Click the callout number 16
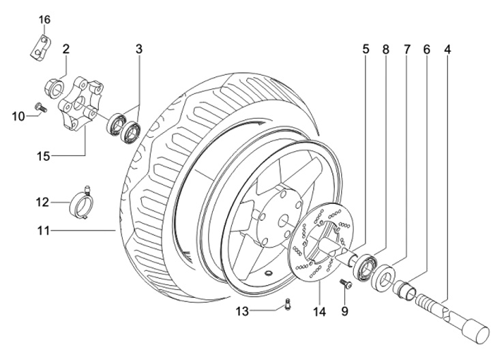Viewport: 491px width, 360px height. pyautogui.click(x=44, y=20)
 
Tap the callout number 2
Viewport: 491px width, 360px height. pyautogui.click(x=65, y=49)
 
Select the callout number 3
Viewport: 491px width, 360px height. pyautogui.click(x=139, y=49)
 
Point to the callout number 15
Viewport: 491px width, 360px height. pyautogui.click(x=44, y=156)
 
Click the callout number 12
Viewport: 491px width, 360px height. pyautogui.click(x=42, y=202)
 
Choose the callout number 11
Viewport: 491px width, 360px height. pyautogui.click(x=44, y=231)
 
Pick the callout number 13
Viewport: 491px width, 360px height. pyautogui.click(x=242, y=312)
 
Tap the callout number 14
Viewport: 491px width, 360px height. pyautogui.click(x=319, y=312)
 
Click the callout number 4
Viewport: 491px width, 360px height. pyautogui.click(x=448, y=50)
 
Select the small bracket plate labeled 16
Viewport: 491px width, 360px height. pyautogui.click(x=41, y=48)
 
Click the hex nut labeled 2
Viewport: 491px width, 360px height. pyautogui.click(x=55, y=89)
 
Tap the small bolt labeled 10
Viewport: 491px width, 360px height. pyautogui.click(x=41, y=107)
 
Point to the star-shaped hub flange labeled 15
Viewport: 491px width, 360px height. pyautogui.click(x=80, y=105)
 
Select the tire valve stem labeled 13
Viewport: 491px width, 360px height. pyautogui.click(x=288, y=305)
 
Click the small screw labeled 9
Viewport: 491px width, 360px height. pyautogui.click(x=346, y=284)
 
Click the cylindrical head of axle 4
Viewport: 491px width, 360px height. pyautogui.click(x=475, y=331)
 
